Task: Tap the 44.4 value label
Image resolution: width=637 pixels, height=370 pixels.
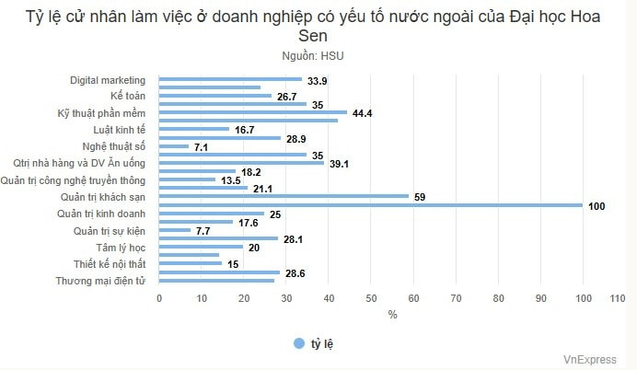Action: click(361, 113)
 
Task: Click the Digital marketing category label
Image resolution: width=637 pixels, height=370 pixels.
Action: click(108, 80)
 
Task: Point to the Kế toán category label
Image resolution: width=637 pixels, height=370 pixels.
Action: click(128, 97)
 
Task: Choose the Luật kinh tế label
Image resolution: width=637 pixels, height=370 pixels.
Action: click(120, 130)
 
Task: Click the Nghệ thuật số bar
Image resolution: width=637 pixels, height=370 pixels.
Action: click(174, 146)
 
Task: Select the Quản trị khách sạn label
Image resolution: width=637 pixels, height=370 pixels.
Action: click(103, 197)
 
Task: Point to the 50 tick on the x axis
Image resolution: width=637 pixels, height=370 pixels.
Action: click(371, 298)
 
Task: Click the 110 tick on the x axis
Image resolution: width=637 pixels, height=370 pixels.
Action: click(617, 298)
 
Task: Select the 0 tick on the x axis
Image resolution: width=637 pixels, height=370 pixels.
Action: click(159, 298)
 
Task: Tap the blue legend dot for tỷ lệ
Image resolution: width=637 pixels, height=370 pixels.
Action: click(299, 343)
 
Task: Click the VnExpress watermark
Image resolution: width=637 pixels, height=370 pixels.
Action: click(592, 360)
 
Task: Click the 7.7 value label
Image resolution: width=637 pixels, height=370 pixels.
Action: click(203, 230)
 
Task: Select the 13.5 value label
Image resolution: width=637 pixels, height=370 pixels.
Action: click(231, 180)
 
